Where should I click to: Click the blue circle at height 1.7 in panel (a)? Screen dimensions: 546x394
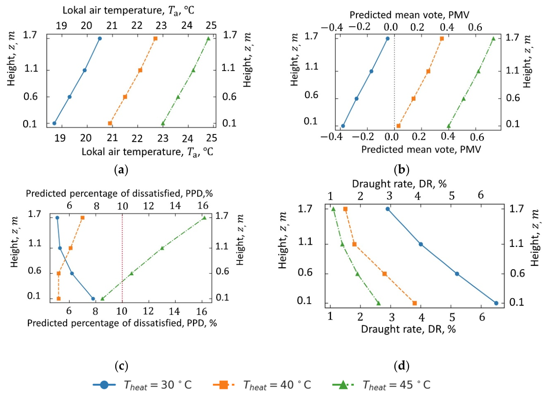click(x=100, y=38)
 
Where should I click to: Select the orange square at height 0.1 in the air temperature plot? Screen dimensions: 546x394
click(x=110, y=123)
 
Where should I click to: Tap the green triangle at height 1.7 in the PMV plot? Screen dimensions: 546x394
click(x=493, y=38)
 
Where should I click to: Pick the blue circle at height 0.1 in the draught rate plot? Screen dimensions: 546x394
click(x=496, y=303)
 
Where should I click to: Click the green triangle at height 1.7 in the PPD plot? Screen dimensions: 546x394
click(x=204, y=218)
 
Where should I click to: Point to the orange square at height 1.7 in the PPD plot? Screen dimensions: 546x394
click(x=83, y=218)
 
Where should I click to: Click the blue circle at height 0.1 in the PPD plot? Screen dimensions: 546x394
click(x=93, y=298)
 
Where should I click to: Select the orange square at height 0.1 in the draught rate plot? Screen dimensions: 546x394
click(x=415, y=303)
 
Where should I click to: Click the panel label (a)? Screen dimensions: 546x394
click(x=121, y=170)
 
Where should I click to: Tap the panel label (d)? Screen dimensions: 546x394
click(x=402, y=366)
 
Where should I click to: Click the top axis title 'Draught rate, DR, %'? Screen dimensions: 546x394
click(x=399, y=184)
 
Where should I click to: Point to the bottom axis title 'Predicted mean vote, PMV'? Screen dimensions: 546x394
click(x=421, y=149)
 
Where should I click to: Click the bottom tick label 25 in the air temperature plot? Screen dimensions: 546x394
click(x=212, y=138)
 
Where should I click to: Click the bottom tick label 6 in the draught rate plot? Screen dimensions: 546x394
click(x=482, y=317)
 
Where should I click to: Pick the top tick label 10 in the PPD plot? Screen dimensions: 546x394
click(x=122, y=206)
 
